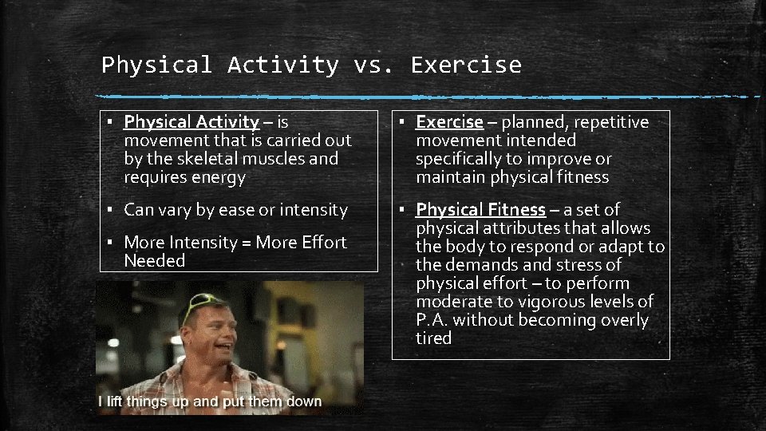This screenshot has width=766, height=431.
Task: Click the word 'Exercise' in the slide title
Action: point(466,65)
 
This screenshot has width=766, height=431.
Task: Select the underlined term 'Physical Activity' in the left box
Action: point(191,122)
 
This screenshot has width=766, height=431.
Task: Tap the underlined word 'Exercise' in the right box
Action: point(449,122)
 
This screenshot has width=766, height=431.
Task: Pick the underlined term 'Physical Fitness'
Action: point(480,210)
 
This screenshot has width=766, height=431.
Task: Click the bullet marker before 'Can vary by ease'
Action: point(108,210)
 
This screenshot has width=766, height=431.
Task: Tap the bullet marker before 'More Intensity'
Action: point(108,242)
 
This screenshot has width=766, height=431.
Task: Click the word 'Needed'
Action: point(155,261)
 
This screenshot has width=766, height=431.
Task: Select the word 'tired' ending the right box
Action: point(433,338)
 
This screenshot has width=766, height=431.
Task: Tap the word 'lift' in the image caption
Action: point(116,401)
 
